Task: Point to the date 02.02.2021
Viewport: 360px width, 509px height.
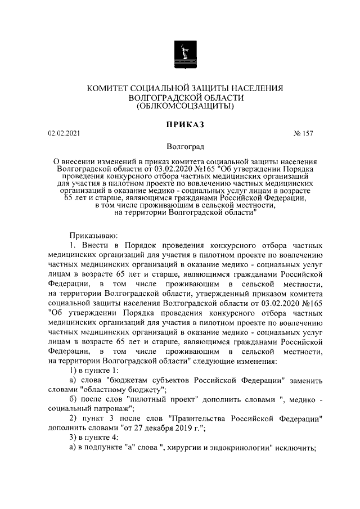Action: point(65,133)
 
